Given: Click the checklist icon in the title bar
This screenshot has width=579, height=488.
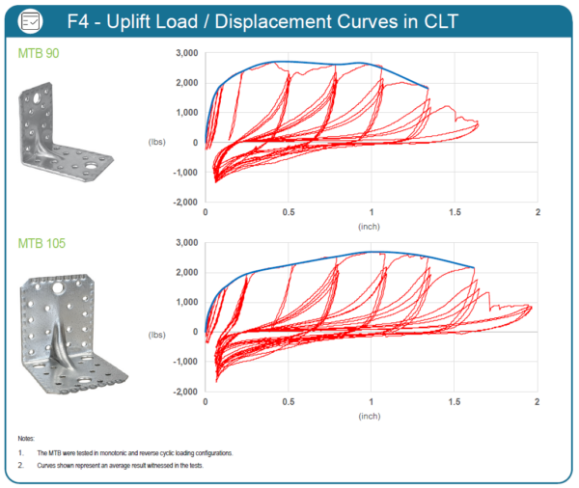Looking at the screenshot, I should point(32,19).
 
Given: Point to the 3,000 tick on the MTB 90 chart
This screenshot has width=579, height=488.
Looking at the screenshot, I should point(183,53).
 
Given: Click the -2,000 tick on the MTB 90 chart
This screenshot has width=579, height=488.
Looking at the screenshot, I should point(181,203).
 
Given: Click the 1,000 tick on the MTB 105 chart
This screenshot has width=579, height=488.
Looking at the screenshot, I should point(183,302).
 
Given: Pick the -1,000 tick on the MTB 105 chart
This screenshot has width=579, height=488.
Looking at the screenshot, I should point(181,362).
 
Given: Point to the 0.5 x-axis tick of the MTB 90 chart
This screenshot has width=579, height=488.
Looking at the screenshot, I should point(288,211).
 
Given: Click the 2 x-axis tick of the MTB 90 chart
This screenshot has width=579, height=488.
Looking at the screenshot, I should point(537,211).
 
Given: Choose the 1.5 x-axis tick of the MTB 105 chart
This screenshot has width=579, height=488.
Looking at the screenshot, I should point(454,400).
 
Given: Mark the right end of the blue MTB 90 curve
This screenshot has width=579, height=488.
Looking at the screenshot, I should point(427,89).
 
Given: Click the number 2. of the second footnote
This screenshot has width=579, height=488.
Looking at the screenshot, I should point(21,465).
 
